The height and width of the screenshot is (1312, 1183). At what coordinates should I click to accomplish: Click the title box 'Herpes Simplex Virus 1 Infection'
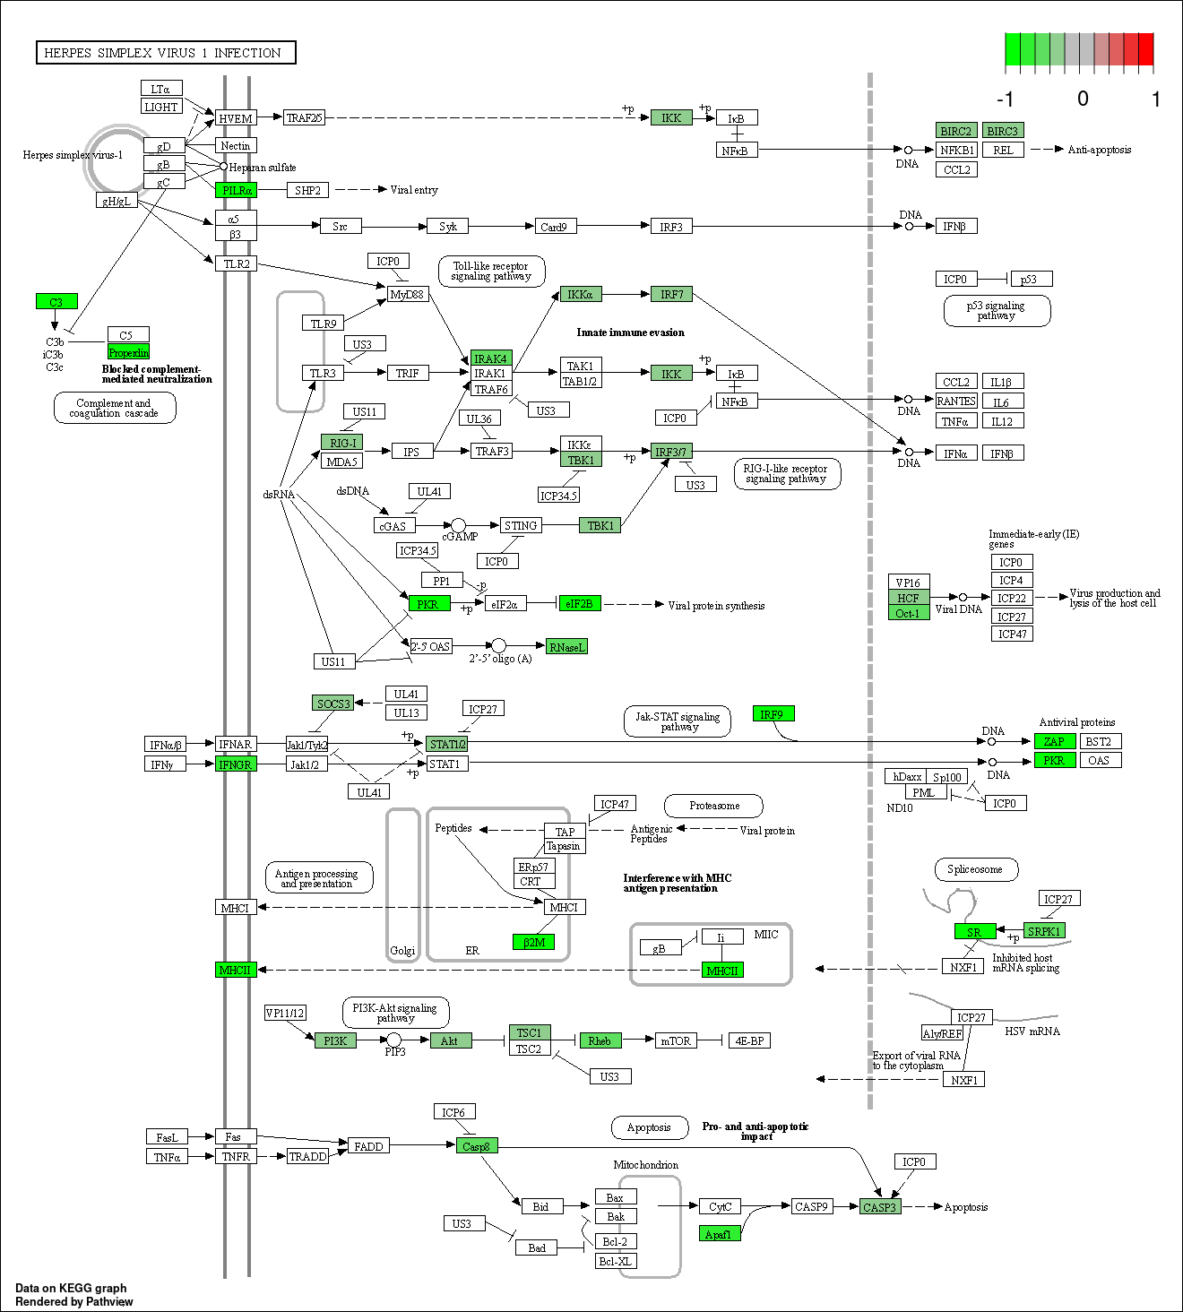click(x=166, y=53)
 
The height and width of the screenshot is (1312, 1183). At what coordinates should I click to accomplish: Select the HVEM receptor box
click(x=236, y=118)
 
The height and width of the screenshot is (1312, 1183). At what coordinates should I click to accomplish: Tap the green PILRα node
click(x=237, y=190)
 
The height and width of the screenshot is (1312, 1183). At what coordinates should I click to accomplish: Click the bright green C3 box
click(x=56, y=301)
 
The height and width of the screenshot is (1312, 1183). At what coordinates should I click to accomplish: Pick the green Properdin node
click(x=129, y=352)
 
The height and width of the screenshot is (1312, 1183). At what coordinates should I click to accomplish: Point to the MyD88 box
click(x=407, y=294)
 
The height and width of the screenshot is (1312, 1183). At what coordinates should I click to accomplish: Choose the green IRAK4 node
click(x=491, y=358)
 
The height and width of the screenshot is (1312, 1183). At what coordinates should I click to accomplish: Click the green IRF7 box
click(x=671, y=294)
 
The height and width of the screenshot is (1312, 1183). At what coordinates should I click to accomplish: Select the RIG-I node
click(x=342, y=443)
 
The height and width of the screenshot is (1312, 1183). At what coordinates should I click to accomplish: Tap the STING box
click(x=521, y=526)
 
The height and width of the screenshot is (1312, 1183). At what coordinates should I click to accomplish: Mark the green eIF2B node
click(x=579, y=604)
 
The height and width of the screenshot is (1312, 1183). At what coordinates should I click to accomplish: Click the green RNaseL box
click(x=566, y=647)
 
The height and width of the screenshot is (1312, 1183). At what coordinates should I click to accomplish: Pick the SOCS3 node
click(x=333, y=703)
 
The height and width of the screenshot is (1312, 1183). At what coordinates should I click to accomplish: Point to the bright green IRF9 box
click(x=773, y=714)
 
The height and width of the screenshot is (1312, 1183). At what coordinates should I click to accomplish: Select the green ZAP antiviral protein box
click(x=1055, y=741)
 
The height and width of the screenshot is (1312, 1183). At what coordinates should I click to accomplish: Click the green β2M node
click(x=534, y=942)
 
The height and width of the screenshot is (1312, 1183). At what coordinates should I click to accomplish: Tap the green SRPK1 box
click(x=1044, y=931)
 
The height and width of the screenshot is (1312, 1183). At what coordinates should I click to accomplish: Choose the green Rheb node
click(x=600, y=1040)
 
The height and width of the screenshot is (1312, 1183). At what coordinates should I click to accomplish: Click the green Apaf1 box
click(x=719, y=1233)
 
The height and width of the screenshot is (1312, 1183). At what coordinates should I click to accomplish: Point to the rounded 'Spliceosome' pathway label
click(x=977, y=869)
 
